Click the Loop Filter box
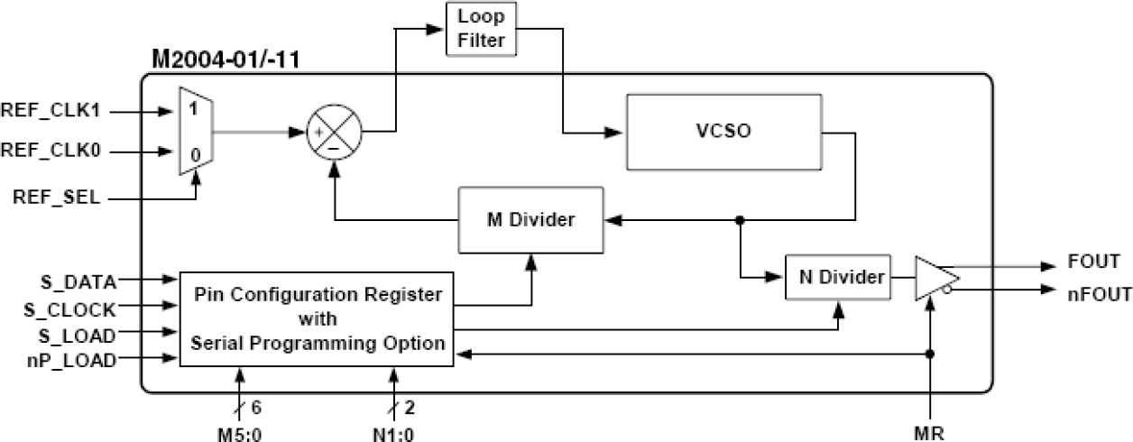[482, 29]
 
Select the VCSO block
[723, 130]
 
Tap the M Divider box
[530, 219]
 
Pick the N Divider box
[841, 278]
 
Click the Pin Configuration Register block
[316, 318]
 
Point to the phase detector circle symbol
[335, 133]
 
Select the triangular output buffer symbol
[935, 278]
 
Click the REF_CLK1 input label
[55, 113]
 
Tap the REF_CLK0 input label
[55, 152]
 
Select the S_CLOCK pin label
[70, 309]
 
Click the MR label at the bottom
[930, 432]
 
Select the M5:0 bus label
[240, 432]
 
